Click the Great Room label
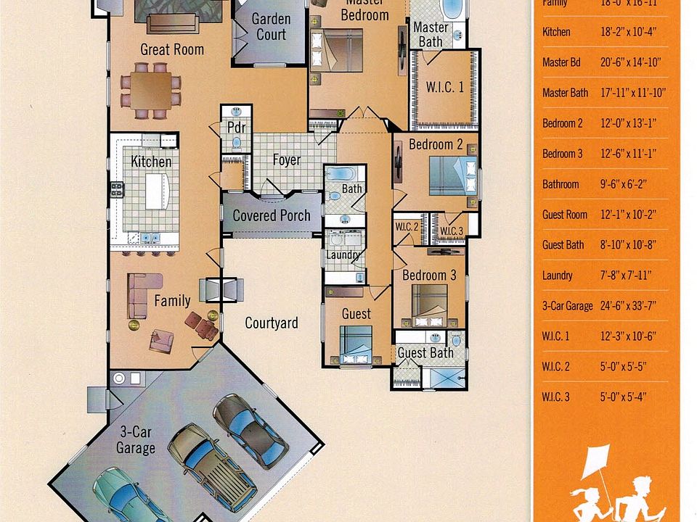[x=172, y=49]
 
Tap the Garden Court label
[x=269, y=27]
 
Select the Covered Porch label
[x=272, y=215]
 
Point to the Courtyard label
[x=271, y=323]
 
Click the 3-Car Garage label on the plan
[x=136, y=439]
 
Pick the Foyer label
[x=286, y=159]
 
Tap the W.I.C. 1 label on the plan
[x=445, y=88]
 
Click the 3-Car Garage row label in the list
[x=567, y=306]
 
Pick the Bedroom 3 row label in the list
[x=562, y=154]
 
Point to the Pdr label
[x=236, y=127]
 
